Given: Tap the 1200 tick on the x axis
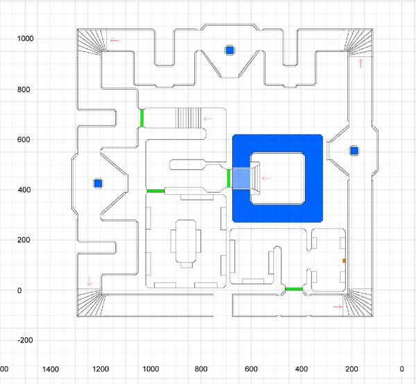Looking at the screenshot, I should coord(101,369).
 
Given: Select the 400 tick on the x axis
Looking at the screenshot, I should coord(302,369).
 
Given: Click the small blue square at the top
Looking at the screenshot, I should coord(229,50).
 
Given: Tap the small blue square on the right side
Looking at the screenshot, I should coord(354,150).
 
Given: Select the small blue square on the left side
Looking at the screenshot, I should coord(98,183).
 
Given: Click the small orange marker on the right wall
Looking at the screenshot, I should coord(344,260).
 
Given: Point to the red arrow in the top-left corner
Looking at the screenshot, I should coord(114,40).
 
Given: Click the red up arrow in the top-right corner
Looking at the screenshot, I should coord(360,64).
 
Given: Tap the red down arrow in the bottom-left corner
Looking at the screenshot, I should coord(89,281).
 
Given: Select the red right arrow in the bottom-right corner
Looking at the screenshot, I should coord(338,306).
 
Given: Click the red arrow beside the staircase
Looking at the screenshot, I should coord(207,118).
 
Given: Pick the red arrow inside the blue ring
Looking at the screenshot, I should coord(266,178).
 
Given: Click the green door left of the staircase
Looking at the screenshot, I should coord(141,118).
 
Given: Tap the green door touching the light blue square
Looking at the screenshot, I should coord(229,178).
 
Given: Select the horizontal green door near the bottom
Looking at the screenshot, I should coord(294,288).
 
